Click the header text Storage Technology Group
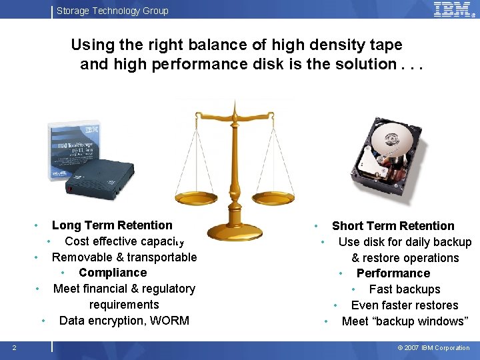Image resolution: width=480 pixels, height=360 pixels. (x=112, y=11)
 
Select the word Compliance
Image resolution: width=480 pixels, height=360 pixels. (x=113, y=273)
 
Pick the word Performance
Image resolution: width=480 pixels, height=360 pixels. (x=393, y=273)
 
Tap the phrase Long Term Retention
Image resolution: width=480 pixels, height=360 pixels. (x=112, y=225)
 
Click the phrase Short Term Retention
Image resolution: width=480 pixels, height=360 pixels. (x=393, y=226)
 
